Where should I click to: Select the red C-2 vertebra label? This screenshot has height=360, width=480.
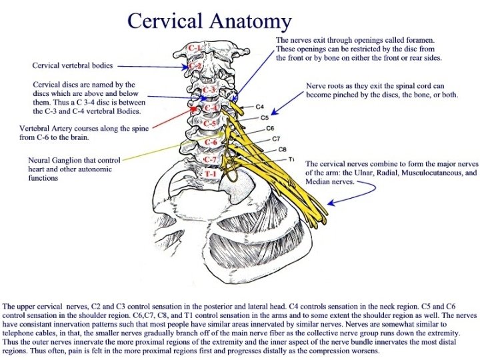pyautogui.click(x=195, y=66)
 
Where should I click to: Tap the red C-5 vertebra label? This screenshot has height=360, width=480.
pyautogui.click(x=209, y=124)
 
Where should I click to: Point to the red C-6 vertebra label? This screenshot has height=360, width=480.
pyautogui.click(x=211, y=142)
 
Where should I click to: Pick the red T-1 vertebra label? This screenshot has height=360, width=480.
pyautogui.click(x=210, y=173)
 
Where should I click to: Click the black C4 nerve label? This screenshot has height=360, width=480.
pyautogui.click(x=260, y=107)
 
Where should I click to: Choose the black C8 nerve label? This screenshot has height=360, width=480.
pyautogui.click(x=282, y=149)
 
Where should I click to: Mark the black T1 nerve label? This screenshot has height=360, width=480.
pyautogui.click(x=292, y=159)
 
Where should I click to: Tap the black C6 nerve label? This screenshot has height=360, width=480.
pyautogui.click(x=271, y=128)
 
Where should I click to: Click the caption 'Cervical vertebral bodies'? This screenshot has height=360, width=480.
pyautogui.click(x=73, y=65)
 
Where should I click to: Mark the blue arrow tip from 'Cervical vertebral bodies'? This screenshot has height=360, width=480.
pyautogui.click(x=189, y=66)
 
